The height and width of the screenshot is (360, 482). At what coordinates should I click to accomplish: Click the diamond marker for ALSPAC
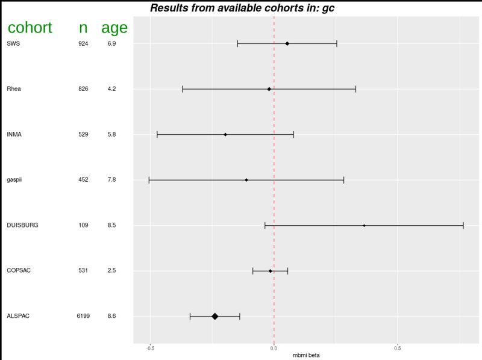coord(214,316)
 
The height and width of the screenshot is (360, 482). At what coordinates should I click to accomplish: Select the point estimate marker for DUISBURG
coord(364,225)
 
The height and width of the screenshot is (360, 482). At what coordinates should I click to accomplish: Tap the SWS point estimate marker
coord(287,43)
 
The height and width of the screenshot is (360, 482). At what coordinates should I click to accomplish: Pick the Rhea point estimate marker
coord(269,89)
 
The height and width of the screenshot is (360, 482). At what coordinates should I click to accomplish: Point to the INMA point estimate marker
coord(225,134)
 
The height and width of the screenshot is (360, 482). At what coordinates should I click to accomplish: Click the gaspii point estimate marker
coord(246,180)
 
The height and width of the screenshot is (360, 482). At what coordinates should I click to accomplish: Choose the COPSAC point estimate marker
coord(271,271)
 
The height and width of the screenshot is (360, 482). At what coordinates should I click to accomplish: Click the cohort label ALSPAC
coord(18,316)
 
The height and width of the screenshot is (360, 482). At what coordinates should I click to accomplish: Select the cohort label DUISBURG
coord(22,225)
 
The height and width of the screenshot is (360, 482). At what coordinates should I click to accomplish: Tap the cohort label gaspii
coord(14,180)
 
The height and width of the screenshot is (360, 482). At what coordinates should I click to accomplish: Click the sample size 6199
coord(83,316)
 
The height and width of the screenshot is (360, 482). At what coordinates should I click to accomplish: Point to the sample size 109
coord(83,225)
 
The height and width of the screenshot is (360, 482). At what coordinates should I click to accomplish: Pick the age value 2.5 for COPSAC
coord(111,271)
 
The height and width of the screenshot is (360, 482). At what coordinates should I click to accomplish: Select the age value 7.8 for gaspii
coord(111,180)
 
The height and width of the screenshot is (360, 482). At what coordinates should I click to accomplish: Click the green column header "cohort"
coord(30,28)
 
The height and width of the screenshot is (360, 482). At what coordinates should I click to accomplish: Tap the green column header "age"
coord(114,28)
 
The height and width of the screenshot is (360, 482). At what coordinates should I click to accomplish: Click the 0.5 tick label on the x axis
coord(397,348)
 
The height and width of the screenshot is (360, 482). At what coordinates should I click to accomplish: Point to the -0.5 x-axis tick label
coord(150,348)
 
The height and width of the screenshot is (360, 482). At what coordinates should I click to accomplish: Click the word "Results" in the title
coord(171,8)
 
